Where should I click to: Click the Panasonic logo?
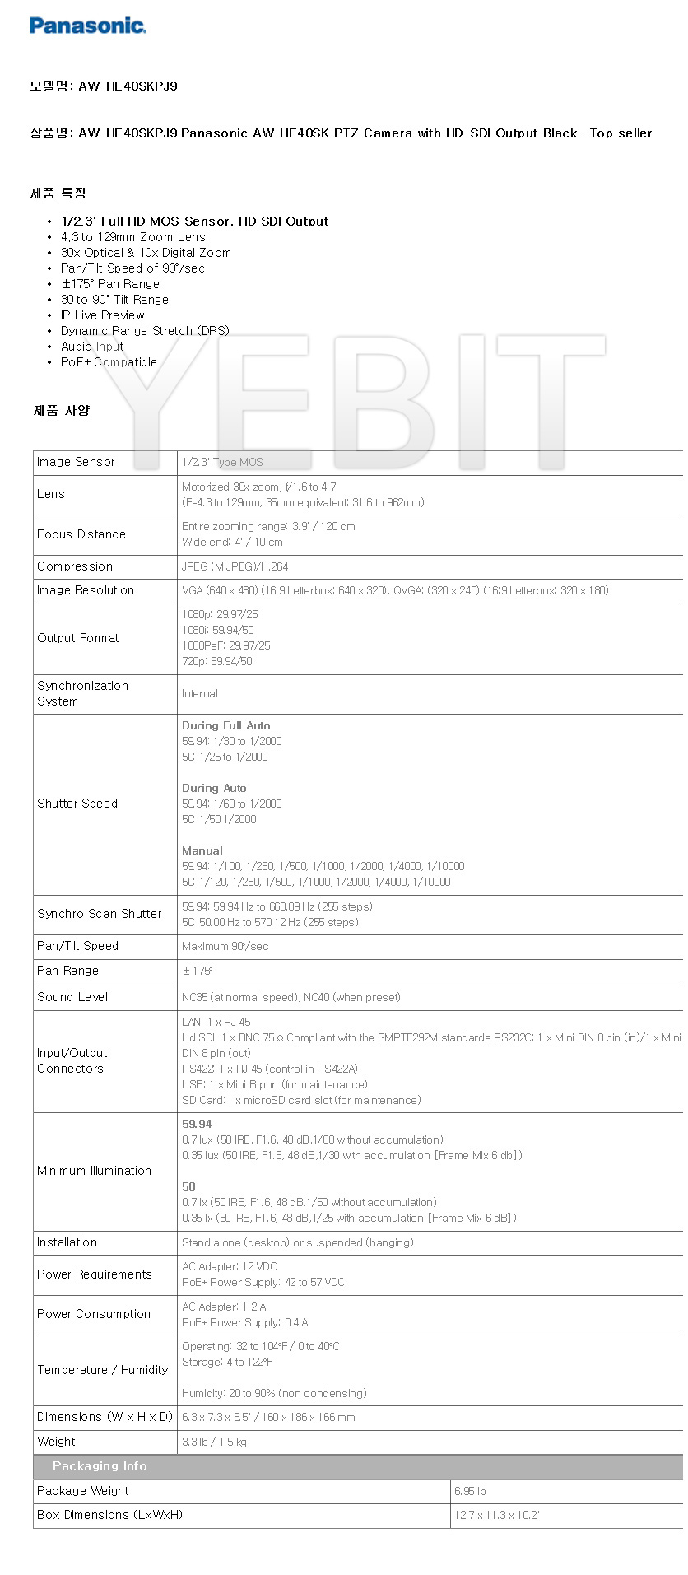point(87,26)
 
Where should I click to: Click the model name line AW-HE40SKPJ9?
point(104,86)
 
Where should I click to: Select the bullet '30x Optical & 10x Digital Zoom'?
point(146,253)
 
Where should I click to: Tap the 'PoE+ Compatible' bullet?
point(109,362)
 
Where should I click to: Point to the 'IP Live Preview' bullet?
point(102,315)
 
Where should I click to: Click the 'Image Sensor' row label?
point(76,462)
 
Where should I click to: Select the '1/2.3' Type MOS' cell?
point(222,463)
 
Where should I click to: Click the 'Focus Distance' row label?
point(81,534)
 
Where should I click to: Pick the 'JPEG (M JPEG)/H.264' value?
point(235,566)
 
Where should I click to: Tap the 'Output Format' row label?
point(78,638)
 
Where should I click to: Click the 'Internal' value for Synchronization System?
point(200,694)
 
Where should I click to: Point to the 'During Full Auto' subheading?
point(225,725)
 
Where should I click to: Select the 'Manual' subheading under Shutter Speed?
point(202,850)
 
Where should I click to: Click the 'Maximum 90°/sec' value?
point(225,947)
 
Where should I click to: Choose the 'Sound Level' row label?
point(72,997)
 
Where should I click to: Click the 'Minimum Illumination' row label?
point(94,1171)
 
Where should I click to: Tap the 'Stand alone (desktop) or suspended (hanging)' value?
point(297,1242)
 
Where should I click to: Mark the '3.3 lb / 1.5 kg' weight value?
point(214,1442)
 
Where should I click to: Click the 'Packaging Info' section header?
point(100,1466)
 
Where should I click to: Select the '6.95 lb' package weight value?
point(470,1491)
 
